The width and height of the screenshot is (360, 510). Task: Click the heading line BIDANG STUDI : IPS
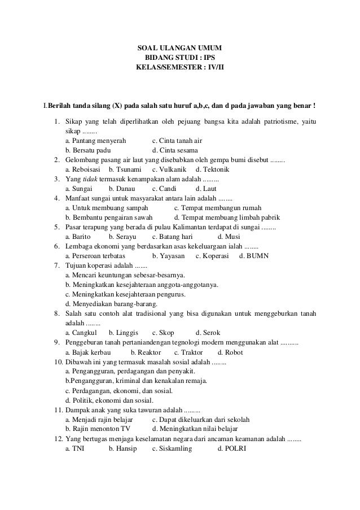pos(180,58)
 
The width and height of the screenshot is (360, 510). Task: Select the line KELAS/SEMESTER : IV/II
pos(180,68)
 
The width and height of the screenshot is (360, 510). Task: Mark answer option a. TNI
pos(75,448)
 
